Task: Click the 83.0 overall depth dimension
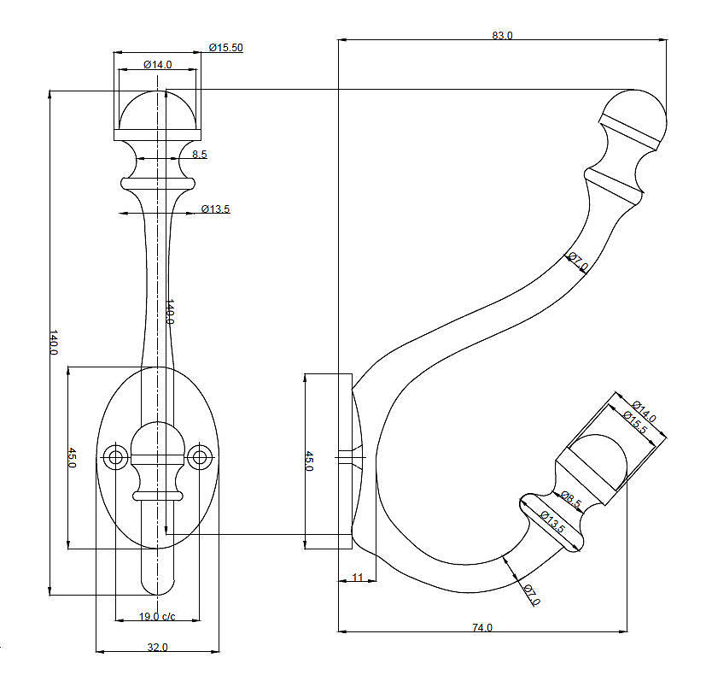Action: click(502, 35)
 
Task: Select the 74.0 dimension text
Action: click(482, 627)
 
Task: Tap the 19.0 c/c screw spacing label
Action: click(157, 616)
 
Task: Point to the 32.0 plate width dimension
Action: click(158, 647)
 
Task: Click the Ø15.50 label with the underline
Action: click(226, 47)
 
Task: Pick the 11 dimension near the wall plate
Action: click(358, 578)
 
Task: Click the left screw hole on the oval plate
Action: click(116, 457)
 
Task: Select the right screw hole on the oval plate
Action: click(200, 457)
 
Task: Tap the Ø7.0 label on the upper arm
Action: click(578, 261)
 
